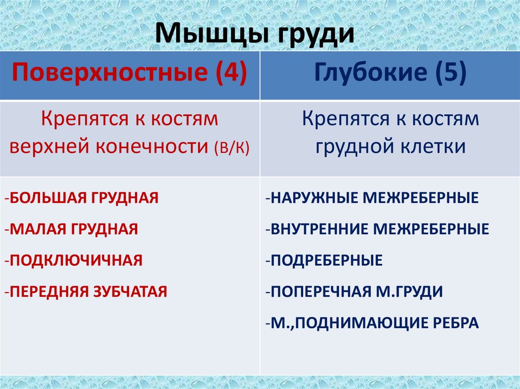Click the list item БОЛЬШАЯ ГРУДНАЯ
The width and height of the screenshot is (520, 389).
(x=83, y=197)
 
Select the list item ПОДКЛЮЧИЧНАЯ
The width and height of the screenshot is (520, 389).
(x=76, y=260)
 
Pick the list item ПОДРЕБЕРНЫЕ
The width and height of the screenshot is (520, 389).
(x=326, y=261)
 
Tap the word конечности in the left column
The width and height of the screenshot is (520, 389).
(x=150, y=147)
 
